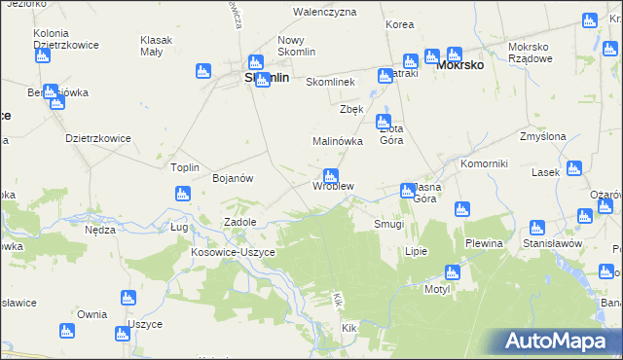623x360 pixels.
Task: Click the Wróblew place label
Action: [333, 186]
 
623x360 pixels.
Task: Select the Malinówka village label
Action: [338, 141]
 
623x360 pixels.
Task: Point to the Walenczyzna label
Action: [325, 12]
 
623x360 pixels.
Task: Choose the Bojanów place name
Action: [233, 178]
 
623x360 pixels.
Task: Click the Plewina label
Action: [483, 243]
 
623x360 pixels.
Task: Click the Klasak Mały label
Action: [156, 45]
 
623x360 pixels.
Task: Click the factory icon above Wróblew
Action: [330, 175]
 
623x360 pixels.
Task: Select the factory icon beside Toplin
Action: [182, 194]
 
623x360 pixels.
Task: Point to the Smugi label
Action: [389, 224]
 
